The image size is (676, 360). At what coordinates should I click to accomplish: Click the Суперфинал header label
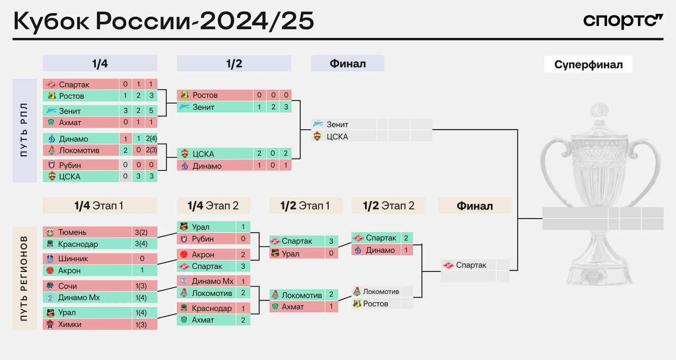click(588, 64)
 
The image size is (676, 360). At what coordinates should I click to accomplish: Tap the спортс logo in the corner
click(623, 21)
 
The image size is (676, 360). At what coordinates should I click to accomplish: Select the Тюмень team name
click(72, 232)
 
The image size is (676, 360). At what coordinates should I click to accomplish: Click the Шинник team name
click(73, 259)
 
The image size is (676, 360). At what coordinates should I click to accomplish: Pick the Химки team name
click(70, 324)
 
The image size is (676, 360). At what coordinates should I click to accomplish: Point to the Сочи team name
click(67, 286)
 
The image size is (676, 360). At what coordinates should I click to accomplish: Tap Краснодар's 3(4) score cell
click(141, 244)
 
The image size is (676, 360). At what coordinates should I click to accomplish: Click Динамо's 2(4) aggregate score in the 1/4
click(151, 139)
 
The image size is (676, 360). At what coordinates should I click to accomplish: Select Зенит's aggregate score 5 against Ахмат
click(151, 111)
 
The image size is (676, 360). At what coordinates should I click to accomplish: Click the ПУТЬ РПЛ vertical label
click(24, 130)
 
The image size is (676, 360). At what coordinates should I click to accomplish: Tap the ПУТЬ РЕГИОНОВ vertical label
click(24, 278)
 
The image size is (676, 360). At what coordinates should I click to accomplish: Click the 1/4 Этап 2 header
click(213, 206)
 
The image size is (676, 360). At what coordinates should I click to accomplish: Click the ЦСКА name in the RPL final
click(338, 137)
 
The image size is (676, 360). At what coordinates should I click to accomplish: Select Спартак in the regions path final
click(471, 265)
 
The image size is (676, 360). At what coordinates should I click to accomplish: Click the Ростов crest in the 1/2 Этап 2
click(357, 303)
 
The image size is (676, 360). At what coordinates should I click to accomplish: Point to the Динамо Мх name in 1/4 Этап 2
click(213, 281)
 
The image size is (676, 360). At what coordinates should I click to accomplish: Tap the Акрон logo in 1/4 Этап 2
click(184, 254)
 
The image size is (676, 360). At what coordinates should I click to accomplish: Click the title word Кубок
click(51, 21)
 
